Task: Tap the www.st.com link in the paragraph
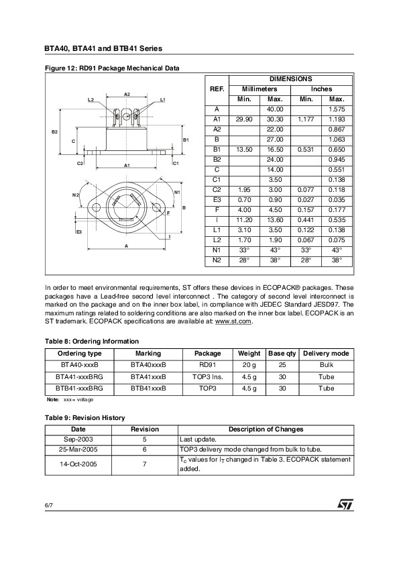click(233, 322)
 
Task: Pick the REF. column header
click(217, 89)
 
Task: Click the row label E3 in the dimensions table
click(217, 199)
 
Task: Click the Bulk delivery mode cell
click(326, 365)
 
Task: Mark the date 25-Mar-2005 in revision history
click(78, 449)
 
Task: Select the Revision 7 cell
click(145, 464)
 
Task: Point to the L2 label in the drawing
click(91, 99)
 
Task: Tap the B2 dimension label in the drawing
click(56, 132)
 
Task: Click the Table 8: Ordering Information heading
click(92, 342)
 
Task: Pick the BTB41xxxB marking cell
click(148, 388)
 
